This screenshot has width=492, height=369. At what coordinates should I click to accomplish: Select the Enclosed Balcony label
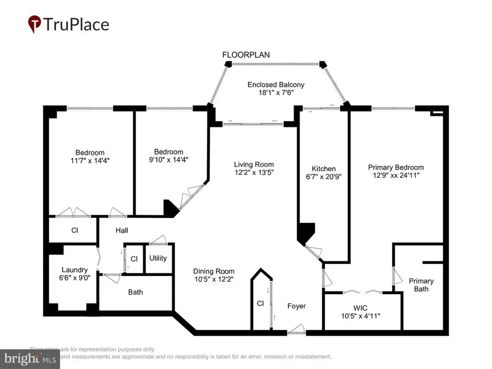(x=276, y=85)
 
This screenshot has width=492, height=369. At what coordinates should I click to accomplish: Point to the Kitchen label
(x=324, y=169)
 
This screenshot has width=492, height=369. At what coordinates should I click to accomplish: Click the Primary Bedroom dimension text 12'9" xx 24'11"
(x=396, y=177)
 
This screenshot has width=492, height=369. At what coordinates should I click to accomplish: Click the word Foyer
(x=297, y=306)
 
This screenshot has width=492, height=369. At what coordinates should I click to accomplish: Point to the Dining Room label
(x=214, y=271)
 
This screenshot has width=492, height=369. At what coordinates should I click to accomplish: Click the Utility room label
(x=158, y=258)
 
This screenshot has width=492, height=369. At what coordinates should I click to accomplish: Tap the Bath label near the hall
(x=136, y=292)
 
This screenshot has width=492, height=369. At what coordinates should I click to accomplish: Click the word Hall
(x=121, y=231)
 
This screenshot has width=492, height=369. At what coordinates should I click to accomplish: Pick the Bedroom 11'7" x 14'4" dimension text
(x=90, y=161)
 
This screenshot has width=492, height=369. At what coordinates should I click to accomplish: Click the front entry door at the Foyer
(x=297, y=329)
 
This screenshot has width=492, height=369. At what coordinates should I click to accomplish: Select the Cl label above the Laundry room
(x=74, y=231)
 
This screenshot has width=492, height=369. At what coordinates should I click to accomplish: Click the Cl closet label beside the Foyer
(x=260, y=303)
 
